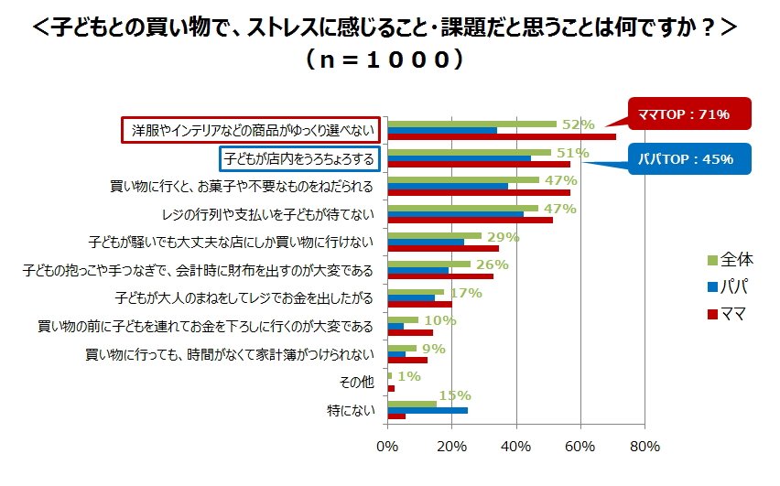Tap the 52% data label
pyautogui.click(x=578, y=124)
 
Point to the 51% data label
pyautogui.click(x=572, y=153)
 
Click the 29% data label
pyautogui.click(x=503, y=237)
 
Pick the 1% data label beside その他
pyautogui.click(x=408, y=376)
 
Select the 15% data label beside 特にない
pyautogui.click(x=455, y=395)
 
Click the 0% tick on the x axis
pyautogui.click(x=388, y=448)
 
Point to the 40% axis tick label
pyautogui.click(x=516, y=448)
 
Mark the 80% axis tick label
pyautogui.click(x=645, y=448)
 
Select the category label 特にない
pyautogui.click(x=352, y=410)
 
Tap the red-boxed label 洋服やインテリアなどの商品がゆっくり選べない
pyautogui.click(x=252, y=130)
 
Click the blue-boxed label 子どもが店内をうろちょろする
pyautogui.click(x=299, y=158)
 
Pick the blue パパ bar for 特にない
pyautogui.click(x=428, y=410)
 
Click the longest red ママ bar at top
pyautogui.click(x=502, y=137)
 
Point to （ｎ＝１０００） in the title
pyautogui.click(x=389, y=60)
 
